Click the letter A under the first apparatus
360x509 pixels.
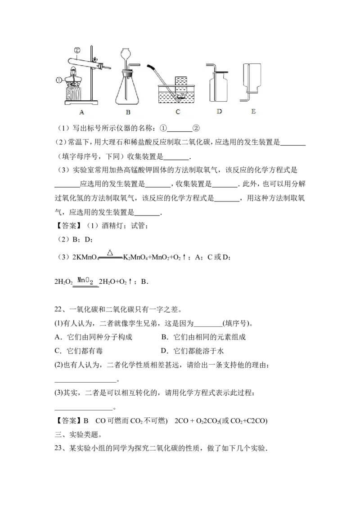81,112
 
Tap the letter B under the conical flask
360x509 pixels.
128,112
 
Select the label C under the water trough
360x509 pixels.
178,112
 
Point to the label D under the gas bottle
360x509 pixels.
219,112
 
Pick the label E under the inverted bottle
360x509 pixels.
253,112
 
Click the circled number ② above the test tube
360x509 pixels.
77,50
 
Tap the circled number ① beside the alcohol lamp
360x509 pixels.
59,80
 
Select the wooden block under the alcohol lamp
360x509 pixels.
74,94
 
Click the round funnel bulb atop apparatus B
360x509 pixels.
125,54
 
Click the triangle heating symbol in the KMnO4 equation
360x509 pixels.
110,253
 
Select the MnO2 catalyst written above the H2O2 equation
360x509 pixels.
85,281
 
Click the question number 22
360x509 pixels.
58,309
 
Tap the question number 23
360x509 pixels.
58,448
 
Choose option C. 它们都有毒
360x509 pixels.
79,351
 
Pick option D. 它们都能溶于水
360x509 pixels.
192,351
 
